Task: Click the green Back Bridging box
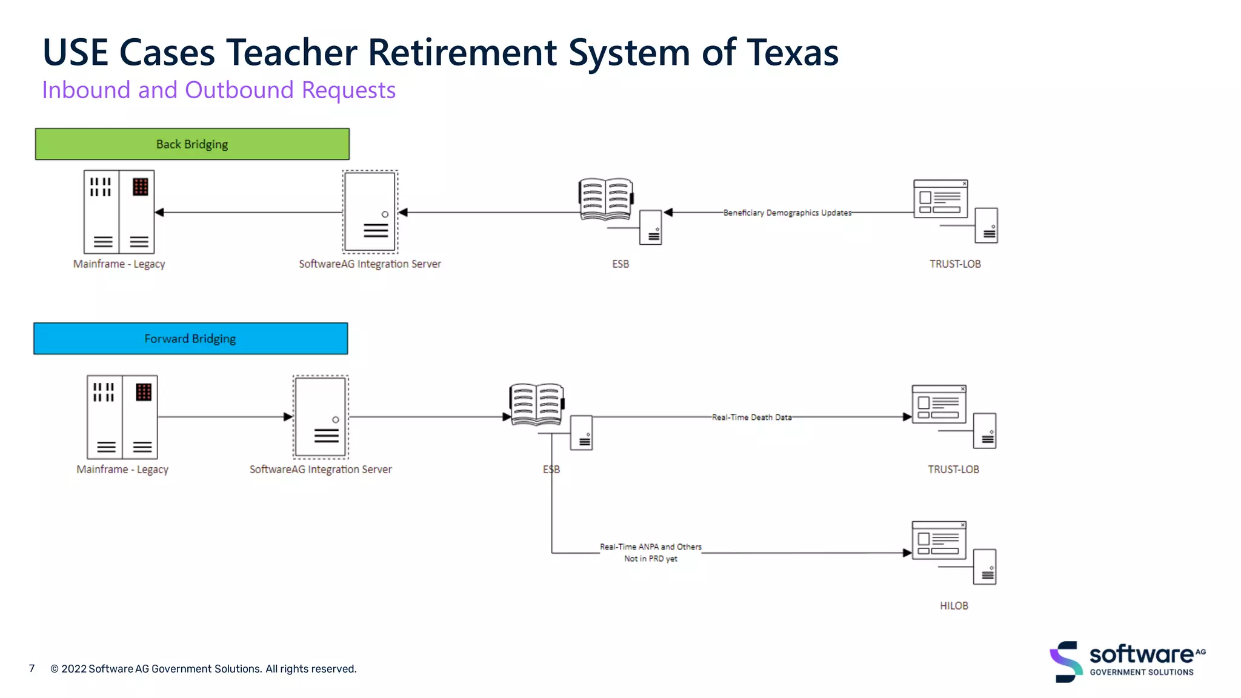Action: [192, 144]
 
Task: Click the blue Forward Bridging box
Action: [190, 339]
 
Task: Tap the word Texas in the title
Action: [793, 53]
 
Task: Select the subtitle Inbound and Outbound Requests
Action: [219, 90]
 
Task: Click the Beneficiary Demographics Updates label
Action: [787, 213]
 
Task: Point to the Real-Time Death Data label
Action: [751, 417]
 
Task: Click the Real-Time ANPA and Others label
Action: [650, 547]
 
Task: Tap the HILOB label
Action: [954, 606]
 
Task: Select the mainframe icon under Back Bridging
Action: [119, 212]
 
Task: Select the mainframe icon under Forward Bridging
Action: [122, 417]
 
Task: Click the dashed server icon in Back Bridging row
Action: [370, 211]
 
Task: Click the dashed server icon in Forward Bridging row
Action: [321, 417]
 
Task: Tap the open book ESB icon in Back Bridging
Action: [605, 199]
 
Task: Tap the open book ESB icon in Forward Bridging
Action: [536, 404]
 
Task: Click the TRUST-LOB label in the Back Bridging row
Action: [955, 264]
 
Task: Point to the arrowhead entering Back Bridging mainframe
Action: [159, 213]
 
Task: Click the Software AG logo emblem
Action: [1066, 661]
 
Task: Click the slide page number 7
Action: [32, 668]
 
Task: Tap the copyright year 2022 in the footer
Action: [74, 669]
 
